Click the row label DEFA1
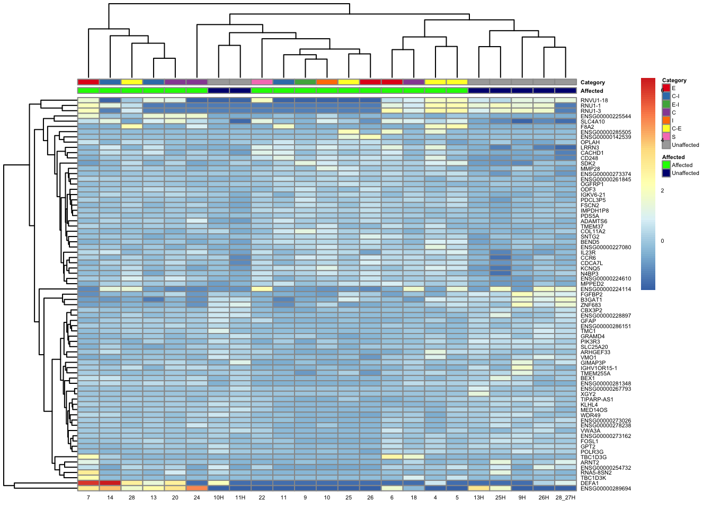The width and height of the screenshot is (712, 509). pos(589,483)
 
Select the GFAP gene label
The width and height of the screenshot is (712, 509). pos(588,321)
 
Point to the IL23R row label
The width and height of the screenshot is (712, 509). pos(589,252)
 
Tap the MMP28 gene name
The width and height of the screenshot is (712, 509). pos(590,169)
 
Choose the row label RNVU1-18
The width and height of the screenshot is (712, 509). pos(594,100)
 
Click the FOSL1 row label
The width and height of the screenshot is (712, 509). pos(589,441)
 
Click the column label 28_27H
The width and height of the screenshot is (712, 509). pos(565,498)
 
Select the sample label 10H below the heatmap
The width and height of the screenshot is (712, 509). pos(218,498)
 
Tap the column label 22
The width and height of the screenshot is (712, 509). pos(262,498)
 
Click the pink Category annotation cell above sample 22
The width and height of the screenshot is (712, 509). pos(262,82)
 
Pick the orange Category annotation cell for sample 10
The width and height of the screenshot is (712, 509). pos(327,82)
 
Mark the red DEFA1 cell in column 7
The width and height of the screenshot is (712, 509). pos(88,483)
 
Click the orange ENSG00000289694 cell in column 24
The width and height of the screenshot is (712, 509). pos(197,488)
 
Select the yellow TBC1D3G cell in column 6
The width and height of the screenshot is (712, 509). pos(392,457)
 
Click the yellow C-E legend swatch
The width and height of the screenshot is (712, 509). pos(666,128)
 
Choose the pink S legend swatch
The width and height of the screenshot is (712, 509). pos(666,137)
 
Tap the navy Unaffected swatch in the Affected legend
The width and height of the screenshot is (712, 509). pos(666,173)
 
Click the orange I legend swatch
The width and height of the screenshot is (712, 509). pos(666,120)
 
